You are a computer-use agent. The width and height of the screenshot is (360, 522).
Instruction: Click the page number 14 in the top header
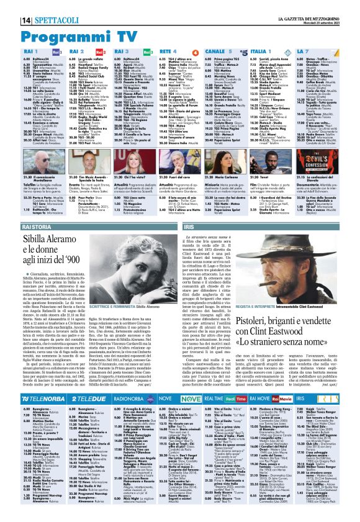coord(11,7)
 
